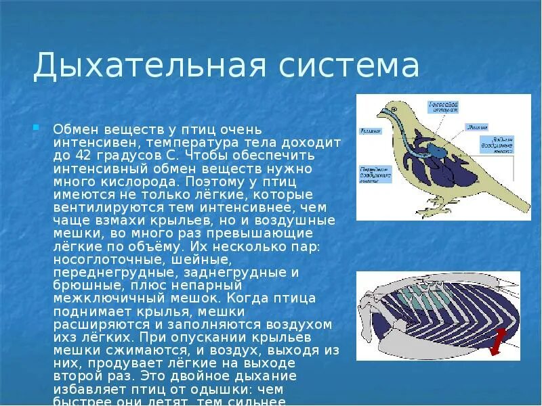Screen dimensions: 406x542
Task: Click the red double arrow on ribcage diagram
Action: tap(497, 340)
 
